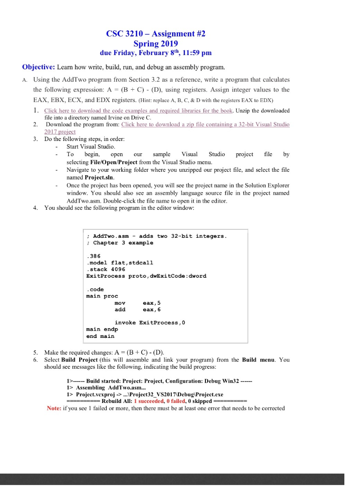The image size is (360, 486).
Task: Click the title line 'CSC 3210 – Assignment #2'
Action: tap(156, 34)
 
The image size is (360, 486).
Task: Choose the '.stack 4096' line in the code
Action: tap(105, 269)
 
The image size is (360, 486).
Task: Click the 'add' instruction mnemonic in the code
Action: tap(120, 309)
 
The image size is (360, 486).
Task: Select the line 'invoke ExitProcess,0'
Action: tap(150, 323)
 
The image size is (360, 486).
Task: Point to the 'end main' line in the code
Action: tap(100, 336)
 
